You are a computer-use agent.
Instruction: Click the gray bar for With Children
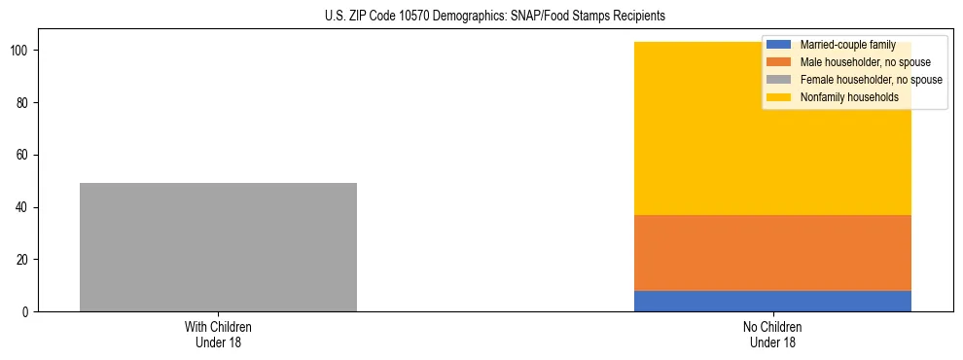coord(218,247)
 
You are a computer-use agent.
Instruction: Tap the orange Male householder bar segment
coord(772,252)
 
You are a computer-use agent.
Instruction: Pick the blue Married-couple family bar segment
coord(772,301)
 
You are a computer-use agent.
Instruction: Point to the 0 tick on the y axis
coord(26,312)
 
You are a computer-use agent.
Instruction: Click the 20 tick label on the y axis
coord(23,260)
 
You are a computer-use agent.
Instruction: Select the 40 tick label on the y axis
coord(23,207)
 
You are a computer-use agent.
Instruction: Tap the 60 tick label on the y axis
coord(23,155)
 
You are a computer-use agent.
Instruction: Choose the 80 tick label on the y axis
coord(23,103)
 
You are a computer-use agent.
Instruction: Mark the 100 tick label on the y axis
coord(20,51)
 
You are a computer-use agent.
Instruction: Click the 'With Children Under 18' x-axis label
coord(218,334)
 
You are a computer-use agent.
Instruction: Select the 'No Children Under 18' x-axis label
coord(772,334)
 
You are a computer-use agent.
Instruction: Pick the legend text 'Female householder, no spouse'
coord(871,80)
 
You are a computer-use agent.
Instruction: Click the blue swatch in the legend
coord(779,45)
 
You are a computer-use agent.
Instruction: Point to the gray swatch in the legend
coord(779,80)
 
